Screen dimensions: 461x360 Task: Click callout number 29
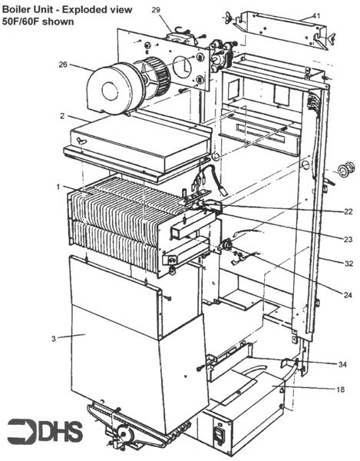click(157, 9)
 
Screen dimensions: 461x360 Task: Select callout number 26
click(64, 64)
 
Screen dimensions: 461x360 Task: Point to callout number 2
click(60, 115)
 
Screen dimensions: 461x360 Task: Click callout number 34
click(342, 363)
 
